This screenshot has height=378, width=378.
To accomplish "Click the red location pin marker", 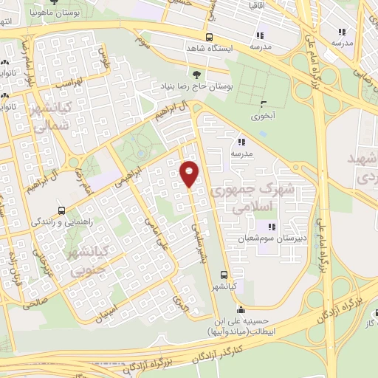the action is pos(190,173).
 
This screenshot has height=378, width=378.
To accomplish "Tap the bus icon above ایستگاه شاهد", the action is pos(210,37).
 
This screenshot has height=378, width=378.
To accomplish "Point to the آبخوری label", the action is pos(262,116).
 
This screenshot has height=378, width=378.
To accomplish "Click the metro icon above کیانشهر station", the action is pos(225,274).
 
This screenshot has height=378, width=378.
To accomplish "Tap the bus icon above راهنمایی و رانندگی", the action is pos(62,210).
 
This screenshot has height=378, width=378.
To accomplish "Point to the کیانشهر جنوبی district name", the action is pos(89,263).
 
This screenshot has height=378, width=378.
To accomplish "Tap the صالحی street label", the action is pos(35,301).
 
